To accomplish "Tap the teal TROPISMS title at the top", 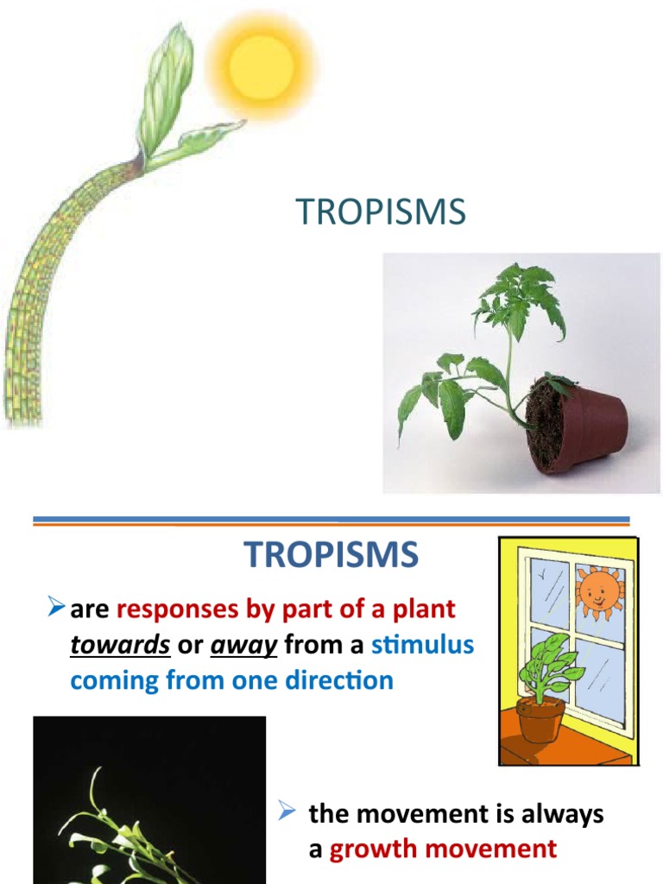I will (x=381, y=212).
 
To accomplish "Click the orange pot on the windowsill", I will (x=540, y=719).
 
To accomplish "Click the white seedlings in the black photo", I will (x=129, y=829).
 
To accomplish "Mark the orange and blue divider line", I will (x=331, y=521).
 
